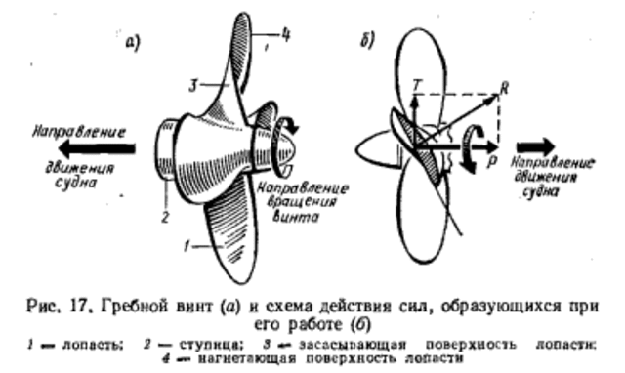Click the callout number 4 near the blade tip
286,36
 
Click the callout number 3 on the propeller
195,88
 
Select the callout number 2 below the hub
167,214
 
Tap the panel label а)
136,40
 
